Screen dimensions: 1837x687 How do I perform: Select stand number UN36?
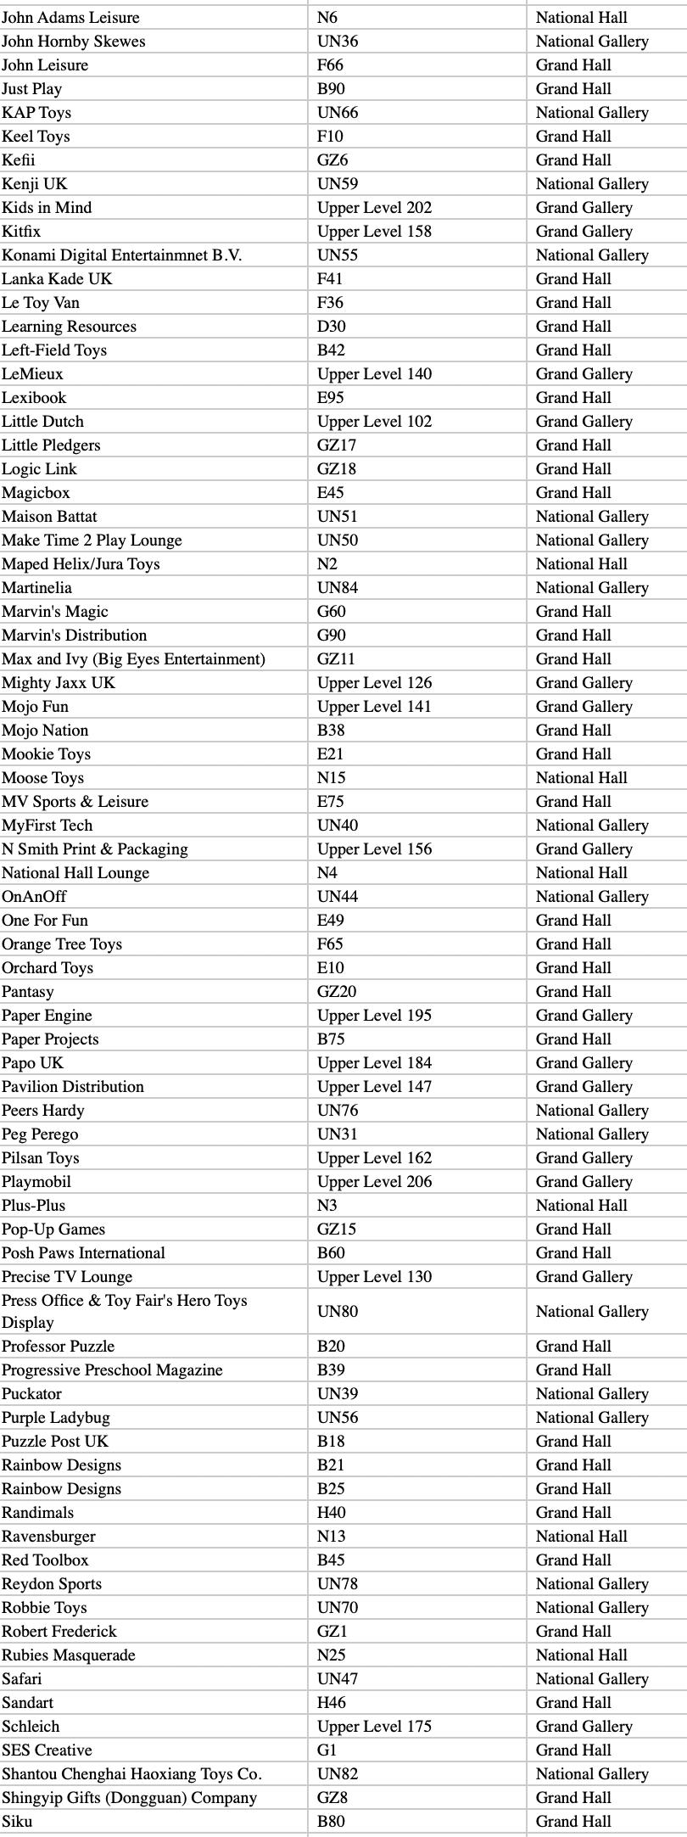(338, 41)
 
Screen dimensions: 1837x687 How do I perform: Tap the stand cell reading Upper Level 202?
(374, 207)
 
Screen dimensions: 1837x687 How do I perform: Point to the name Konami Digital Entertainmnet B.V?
(122, 255)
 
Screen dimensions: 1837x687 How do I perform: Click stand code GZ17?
(337, 445)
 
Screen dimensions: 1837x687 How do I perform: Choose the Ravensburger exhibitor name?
(48, 1536)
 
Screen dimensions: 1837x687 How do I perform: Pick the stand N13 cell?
(331, 1536)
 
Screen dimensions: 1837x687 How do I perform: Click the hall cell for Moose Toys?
(582, 777)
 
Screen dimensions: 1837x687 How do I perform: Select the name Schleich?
(31, 1726)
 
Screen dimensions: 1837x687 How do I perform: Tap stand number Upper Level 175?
(374, 1726)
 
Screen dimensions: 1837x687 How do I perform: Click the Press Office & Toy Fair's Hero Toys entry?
(124, 1311)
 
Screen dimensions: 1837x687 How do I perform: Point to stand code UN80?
(338, 1311)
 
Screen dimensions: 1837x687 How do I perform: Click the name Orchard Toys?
(47, 967)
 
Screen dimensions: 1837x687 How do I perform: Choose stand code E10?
(331, 967)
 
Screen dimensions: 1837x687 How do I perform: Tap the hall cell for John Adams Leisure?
(582, 17)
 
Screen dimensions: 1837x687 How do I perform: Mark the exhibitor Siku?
(18, 1821)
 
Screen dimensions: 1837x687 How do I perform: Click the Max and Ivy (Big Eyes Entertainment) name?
(133, 658)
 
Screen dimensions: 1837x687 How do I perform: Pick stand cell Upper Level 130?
(374, 1276)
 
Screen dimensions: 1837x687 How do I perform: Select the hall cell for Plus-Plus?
(582, 1205)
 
